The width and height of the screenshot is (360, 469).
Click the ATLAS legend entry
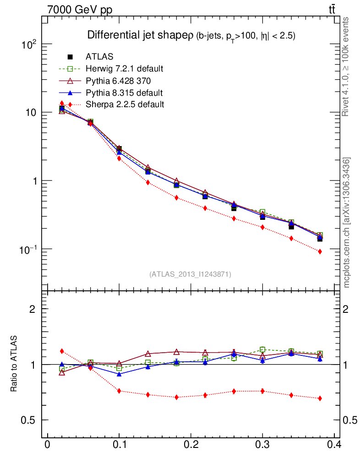(x=99, y=57)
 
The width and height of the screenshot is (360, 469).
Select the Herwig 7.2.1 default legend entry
(x=124, y=69)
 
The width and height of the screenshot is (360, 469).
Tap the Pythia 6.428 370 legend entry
(x=119, y=81)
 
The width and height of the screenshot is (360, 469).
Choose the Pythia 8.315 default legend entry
(x=124, y=93)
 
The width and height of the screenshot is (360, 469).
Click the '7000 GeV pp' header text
(x=79, y=10)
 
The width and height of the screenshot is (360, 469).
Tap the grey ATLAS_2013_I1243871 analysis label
(x=190, y=274)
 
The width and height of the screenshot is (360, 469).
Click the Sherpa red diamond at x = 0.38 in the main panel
(x=320, y=251)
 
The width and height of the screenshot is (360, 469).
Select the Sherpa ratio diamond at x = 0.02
(x=62, y=351)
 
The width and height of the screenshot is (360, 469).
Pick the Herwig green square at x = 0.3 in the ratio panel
(x=262, y=349)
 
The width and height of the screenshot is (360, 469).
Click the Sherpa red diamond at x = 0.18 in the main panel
(x=176, y=198)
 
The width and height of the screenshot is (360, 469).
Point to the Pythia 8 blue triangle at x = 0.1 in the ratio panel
(x=119, y=374)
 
